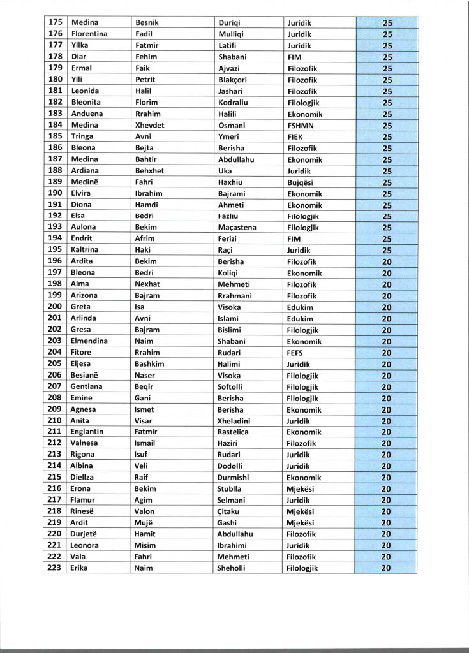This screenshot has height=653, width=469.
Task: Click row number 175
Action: [x=55, y=22]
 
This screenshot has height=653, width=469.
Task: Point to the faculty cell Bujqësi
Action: [x=300, y=182]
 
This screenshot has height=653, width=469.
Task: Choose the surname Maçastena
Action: [x=238, y=228]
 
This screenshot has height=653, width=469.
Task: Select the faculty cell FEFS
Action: [x=297, y=353]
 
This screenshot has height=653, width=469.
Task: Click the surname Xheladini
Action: [x=238, y=421]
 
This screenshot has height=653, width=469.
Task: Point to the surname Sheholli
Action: [x=234, y=568]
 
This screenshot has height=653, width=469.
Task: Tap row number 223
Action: [x=55, y=568]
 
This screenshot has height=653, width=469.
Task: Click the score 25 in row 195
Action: [x=387, y=251]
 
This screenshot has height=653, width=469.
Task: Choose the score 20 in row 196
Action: [x=387, y=262]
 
